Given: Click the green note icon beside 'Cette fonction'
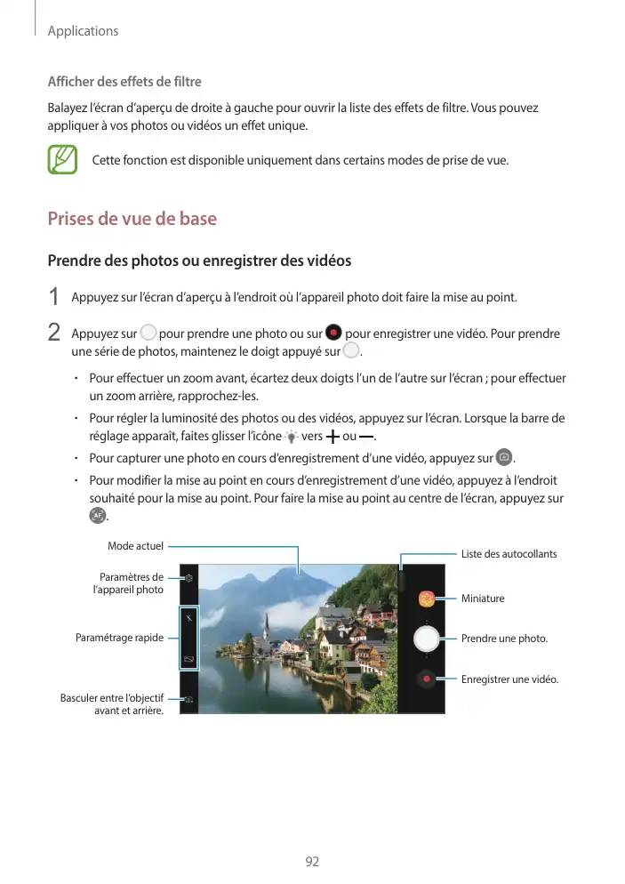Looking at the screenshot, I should coord(62,160).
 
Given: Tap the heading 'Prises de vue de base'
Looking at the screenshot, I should coord(132,219).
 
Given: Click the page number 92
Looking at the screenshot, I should coord(312,861).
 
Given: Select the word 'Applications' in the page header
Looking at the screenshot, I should coord(83,31).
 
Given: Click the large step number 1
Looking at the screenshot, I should coord(54,296).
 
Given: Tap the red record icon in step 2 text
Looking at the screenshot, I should coord(333,334).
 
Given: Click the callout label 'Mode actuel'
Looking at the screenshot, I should coord(135,545).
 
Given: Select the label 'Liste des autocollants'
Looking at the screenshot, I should coord(509,554).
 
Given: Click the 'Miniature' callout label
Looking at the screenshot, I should coord(483,599).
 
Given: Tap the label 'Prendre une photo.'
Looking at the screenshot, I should coord(504,639).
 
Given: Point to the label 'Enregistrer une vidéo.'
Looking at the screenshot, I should coord(509,679).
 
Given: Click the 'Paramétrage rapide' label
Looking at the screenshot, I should coord(120,638).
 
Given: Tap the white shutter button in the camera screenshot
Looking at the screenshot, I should coord(428,638).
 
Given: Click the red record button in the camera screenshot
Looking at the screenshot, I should coord(428,679).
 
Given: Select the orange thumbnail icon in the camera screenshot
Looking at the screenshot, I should coord(428,599).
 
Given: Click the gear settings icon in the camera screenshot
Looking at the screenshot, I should coord(188,577).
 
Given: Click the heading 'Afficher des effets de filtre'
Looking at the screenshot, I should coord(124,84).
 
